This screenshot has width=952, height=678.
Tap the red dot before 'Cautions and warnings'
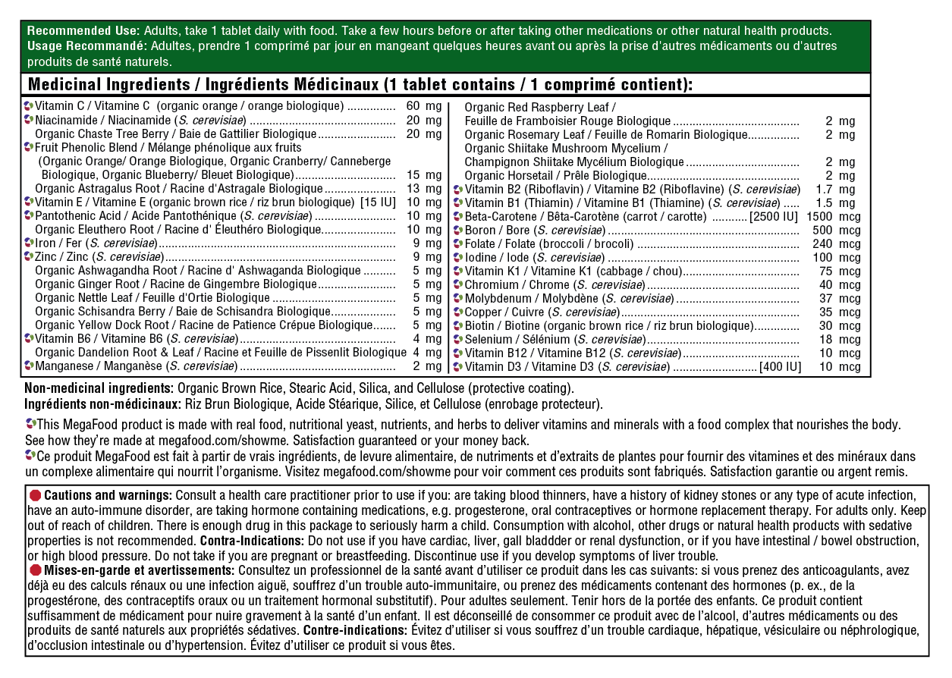35,494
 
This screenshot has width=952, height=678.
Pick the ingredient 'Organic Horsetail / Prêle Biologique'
551,176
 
